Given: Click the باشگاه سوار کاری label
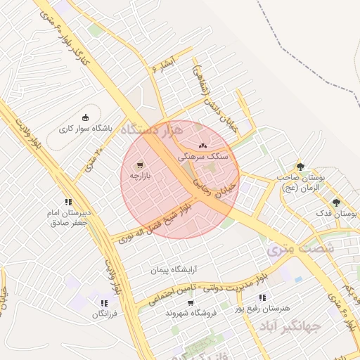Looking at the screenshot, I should [x=86, y=129].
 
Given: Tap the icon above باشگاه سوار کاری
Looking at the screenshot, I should [x=86, y=117].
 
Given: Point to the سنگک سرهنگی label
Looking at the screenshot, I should [x=202, y=157].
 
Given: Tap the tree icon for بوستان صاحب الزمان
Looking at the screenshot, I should [x=301, y=167].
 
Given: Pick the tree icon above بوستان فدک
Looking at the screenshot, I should [x=335, y=202].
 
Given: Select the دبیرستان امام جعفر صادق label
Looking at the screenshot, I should [x=68, y=217].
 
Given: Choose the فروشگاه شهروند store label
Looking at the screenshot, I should [x=191, y=313].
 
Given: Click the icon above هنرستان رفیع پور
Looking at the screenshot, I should [x=262, y=297].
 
